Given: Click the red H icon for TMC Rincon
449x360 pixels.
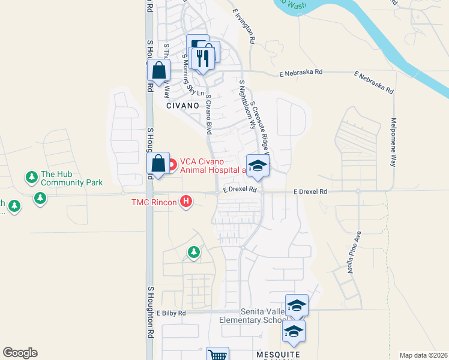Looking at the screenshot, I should pyautogui.click(x=187, y=202).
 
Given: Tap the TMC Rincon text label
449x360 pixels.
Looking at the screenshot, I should pyautogui.click(x=154, y=202).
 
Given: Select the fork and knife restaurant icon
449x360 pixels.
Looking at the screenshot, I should pyautogui.click(x=202, y=58).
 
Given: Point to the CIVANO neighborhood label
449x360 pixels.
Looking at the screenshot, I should pyautogui.click(x=182, y=105).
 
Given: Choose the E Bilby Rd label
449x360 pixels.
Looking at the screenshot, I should pyautogui.click(x=172, y=313).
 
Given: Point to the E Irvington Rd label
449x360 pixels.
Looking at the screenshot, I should pyautogui.click(x=244, y=26).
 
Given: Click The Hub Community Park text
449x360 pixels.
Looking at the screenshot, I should pyautogui.click(x=71, y=178).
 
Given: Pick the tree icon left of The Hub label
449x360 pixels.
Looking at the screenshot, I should pyautogui.click(x=31, y=178).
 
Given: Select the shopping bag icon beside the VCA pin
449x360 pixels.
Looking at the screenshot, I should pyautogui.click(x=158, y=164).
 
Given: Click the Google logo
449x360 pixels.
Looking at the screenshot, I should pyautogui.click(x=20, y=353).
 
